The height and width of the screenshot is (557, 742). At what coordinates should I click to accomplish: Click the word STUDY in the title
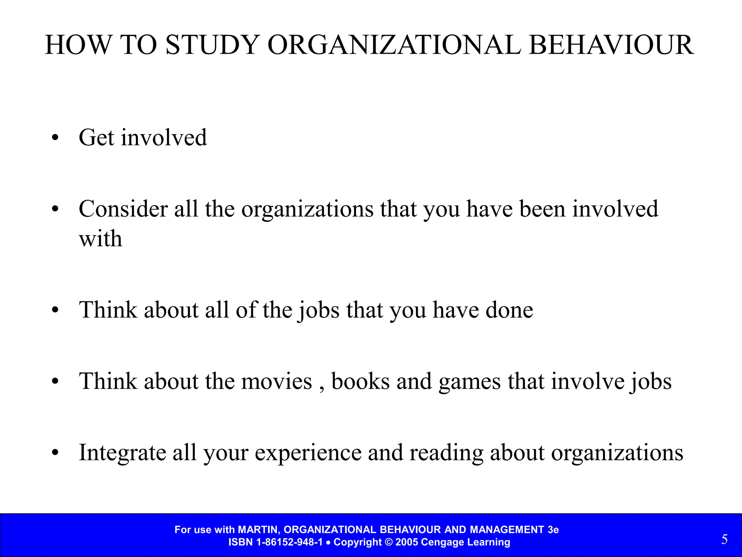tap(212, 45)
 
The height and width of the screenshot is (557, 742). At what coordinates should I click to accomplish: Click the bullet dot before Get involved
tap(55, 138)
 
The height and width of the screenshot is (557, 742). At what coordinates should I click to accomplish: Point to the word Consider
tap(123, 209)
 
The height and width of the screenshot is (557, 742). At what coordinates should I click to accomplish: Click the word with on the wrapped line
tap(100, 239)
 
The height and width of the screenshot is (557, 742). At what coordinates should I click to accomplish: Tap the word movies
tap(276, 382)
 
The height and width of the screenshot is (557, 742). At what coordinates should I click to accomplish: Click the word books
tap(360, 382)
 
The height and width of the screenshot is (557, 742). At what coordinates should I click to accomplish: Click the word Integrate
tap(122, 453)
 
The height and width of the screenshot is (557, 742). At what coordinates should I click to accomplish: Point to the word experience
tap(308, 453)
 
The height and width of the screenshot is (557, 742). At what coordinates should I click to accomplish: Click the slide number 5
tap(724, 540)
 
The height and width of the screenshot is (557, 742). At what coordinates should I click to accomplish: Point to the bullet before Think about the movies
tap(55, 382)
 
